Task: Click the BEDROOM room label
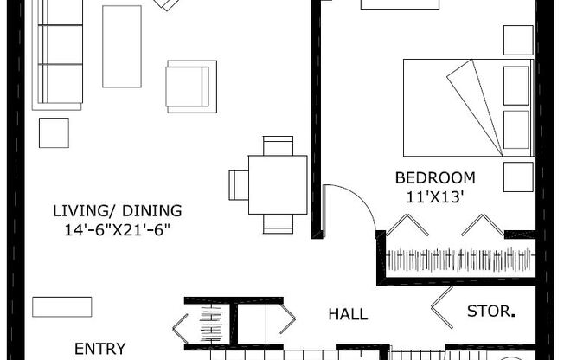(x=435, y=178)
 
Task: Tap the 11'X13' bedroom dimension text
(x=434, y=197)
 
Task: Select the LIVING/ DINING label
(x=118, y=211)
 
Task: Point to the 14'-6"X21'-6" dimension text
(x=117, y=229)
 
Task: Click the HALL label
(x=348, y=315)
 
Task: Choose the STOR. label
(x=491, y=311)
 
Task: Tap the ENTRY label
(x=100, y=349)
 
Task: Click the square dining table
(x=278, y=185)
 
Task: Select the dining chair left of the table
(x=239, y=185)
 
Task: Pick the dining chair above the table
(x=278, y=145)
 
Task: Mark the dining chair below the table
(x=278, y=224)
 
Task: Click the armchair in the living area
(x=191, y=87)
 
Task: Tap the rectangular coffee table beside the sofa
(x=122, y=47)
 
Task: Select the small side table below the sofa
(x=54, y=133)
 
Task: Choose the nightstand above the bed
(x=518, y=41)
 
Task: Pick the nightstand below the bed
(x=518, y=177)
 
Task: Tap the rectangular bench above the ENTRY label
(x=62, y=306)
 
